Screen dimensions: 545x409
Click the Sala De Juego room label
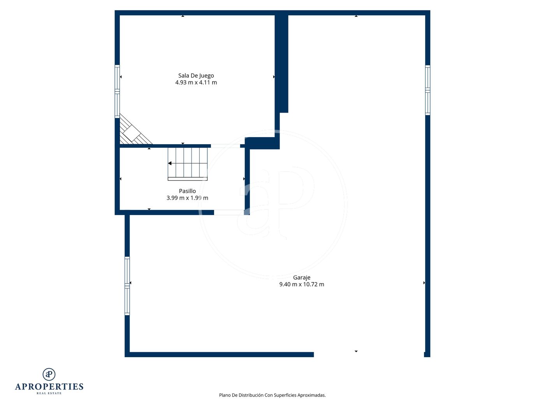click(x=196, y=76)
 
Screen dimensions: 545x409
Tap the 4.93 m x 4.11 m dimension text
click(x=196, y=83)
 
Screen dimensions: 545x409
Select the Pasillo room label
click(x=187, y=191)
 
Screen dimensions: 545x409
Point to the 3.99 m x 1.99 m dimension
click(x=187, y=198)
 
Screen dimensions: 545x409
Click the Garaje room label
click(x=302, y=278)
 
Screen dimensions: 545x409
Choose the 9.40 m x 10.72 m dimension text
click(x=302, y=284)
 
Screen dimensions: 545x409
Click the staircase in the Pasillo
click(x=188, y=164)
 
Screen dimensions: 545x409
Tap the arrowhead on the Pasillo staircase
click(x=170, y=163)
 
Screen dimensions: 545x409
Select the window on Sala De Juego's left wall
click(x=117, y=92)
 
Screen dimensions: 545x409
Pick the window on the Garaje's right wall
click(x=427, y=90)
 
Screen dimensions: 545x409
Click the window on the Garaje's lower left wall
click(x=127, y=286)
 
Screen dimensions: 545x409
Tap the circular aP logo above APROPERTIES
click(x=49, y=374)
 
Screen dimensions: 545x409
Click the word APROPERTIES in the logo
click(x=49, y=387)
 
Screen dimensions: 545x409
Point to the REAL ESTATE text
click(x=49, y=393)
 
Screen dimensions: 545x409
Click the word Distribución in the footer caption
click(x=251, y=395)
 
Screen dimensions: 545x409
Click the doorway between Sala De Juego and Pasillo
click(x=225, y=146)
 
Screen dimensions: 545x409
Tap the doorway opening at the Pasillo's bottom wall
click(x=229, y=212)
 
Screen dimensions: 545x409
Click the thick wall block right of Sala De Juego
click(x=281, y=63)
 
